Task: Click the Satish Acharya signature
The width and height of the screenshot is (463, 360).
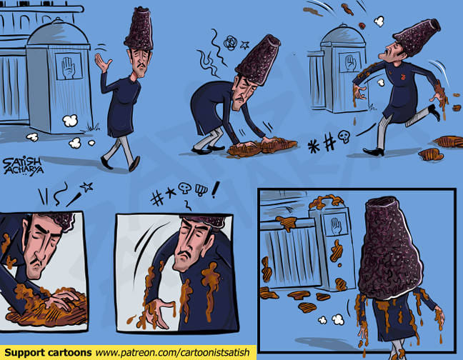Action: (23, 166)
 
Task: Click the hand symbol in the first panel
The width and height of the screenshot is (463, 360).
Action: (68, 68)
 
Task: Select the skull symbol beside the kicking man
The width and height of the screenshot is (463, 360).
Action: (344, 136)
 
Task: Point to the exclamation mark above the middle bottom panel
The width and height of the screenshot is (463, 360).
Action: (215, 190)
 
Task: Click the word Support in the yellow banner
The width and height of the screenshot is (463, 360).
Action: (24, 352)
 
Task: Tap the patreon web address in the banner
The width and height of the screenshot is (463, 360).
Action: (172, 353)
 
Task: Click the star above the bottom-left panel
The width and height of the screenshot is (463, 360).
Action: (87, 186)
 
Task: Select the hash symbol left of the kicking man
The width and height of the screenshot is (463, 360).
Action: (329, 142)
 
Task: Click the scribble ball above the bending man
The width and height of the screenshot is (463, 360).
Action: (230, 43)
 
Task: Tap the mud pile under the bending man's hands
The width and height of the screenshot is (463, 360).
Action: (262, 146)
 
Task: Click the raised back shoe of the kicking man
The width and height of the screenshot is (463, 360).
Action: (434, 112)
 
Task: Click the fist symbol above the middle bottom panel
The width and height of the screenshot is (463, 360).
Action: (201, 190)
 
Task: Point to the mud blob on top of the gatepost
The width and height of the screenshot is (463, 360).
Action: (326, 201)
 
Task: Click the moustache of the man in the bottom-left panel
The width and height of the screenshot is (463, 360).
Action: (39, 262)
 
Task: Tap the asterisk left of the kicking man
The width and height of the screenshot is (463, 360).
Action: (313, 146)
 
